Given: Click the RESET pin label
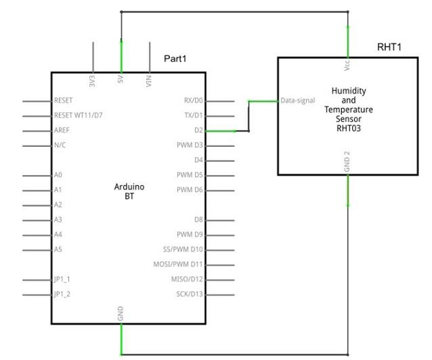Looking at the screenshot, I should [x=63, y=101].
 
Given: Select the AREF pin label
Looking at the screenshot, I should [x=62, y=131].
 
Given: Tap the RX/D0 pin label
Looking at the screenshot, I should [x=194, y=101].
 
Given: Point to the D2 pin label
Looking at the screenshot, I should [x=199, y=131].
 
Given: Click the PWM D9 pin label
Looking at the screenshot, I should [x=190, y=235].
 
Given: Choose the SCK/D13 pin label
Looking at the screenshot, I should [x=190, y=294].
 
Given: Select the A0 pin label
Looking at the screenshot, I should [x=58, y=175].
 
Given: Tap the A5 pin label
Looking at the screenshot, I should [x=58, y=249].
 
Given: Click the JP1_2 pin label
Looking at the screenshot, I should [x=63, y=294].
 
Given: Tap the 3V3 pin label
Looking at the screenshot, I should [x=93, y=79].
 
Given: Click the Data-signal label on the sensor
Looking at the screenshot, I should [x=297, y=101].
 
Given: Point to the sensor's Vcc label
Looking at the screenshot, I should [x=348, y=64].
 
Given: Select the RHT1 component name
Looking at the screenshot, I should [x=389, y=47].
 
